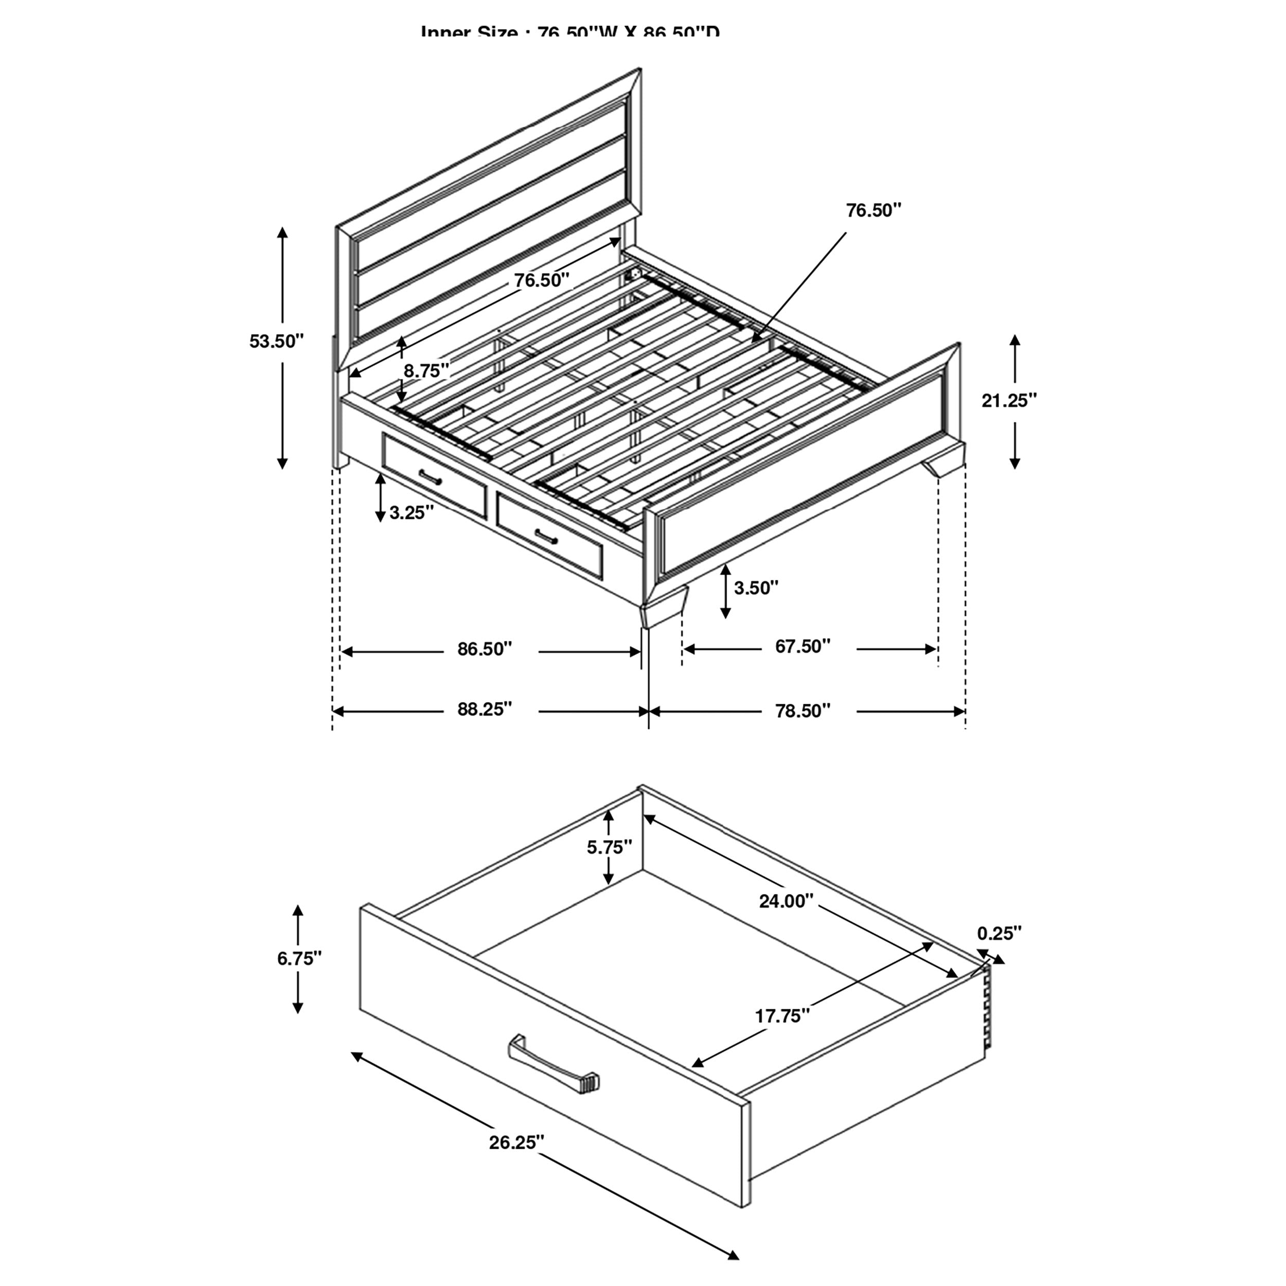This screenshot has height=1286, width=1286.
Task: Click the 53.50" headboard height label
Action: [x=276, y=342]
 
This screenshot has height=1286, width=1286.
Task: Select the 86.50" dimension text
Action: [x=485, y=649]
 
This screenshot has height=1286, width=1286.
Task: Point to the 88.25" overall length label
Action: [x=485, y=709]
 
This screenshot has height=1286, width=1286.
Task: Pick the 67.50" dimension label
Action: [x=803, y=646]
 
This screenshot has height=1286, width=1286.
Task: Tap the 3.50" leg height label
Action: [x=756, y=588]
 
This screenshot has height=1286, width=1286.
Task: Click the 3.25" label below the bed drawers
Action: [x=412, y=512]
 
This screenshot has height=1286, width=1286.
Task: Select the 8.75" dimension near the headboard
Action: [x=426, y=371]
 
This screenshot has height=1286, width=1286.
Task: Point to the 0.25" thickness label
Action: [x=999, y=934]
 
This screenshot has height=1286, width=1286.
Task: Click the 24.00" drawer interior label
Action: [x=786, y=901]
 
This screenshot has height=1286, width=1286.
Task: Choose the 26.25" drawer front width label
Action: [x=516, y=1143]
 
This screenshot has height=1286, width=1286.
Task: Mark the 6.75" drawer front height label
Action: [x=299, y=958]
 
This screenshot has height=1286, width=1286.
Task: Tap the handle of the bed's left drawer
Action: [x=431, y=477]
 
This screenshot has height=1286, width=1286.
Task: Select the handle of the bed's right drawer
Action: [x=546, y=536]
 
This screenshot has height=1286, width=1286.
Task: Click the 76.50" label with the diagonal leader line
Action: [x=873, y=211]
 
